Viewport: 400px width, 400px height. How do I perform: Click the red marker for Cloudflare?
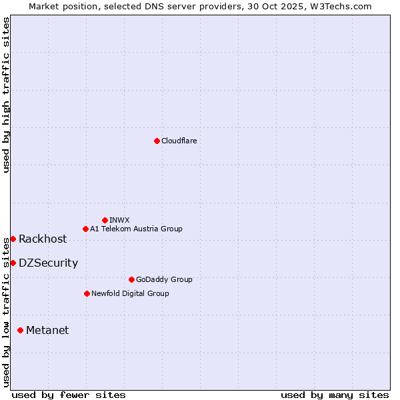point(157,141)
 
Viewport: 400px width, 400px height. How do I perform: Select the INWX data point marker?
point(105,220)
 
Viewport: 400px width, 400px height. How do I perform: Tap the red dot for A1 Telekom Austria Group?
point(85,229)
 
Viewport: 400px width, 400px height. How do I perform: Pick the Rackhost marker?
point(13,239)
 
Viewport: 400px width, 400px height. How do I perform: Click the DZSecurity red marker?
point(13,263)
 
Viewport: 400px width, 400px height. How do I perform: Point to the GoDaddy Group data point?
point(131,279)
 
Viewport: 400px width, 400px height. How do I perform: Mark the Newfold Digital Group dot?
point(87,293)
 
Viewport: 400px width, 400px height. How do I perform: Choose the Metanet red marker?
point(20,330)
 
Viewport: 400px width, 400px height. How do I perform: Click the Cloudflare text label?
point(179,141)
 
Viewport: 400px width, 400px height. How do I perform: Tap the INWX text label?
point(119,220)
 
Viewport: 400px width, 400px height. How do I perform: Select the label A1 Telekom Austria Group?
point(136,229)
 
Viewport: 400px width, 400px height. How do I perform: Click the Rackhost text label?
point(43,239)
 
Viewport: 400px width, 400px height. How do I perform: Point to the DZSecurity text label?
point(48,263)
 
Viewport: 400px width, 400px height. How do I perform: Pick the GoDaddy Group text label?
point(164,279)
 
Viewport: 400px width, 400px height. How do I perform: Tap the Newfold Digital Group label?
point(130,293)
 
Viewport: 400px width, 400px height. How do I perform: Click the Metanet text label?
point(47,331)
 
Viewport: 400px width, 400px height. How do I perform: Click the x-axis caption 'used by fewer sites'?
point(69,395)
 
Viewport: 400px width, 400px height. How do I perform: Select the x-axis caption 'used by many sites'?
point(335,395)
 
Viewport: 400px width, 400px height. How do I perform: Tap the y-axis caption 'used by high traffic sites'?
point(6,95)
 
